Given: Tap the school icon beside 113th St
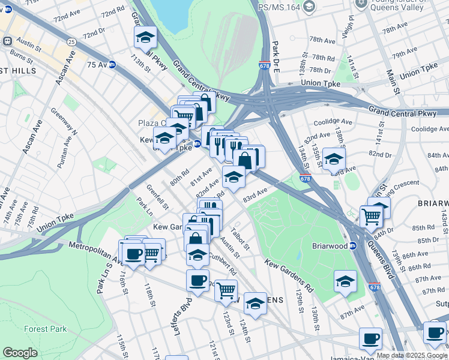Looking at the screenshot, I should pyautogui.click(x=145, y=38).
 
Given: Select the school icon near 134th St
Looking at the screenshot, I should pyautogui.click(x=334, y=160).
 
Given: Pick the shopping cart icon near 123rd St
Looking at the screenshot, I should pyautogui.click(x=226, y=291).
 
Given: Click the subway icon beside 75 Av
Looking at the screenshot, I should pyautogui.click(x=112, y=64).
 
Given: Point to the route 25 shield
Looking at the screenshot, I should pyautogui.click(x=71, y=42).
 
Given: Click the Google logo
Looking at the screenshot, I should pyautogui.click(x=20, y=353).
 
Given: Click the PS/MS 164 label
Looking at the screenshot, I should pyautogui.click(x=277, y=7).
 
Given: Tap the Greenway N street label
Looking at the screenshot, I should pyautogui.click(x=64, y=121).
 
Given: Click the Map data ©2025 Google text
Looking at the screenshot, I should pyautogui.click(x=412, y=355).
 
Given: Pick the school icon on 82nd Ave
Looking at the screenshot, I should pyautogui.click(x=234, y=176).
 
